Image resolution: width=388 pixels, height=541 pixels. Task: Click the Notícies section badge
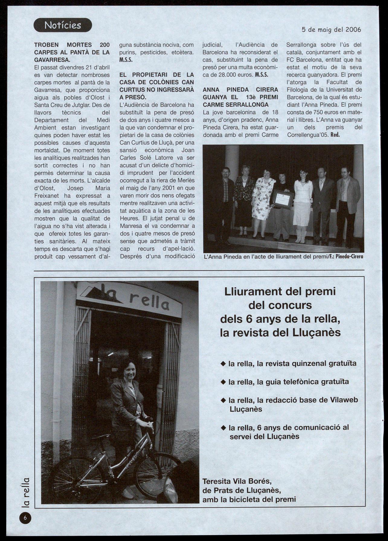click(x=63, y=25)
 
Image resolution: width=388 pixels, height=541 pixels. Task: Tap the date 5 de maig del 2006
click(x=331, y=30)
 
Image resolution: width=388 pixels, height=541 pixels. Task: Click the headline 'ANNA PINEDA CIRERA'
click(x=240, y=90)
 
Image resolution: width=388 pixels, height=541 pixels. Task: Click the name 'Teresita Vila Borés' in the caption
click(x=237, y=481)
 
